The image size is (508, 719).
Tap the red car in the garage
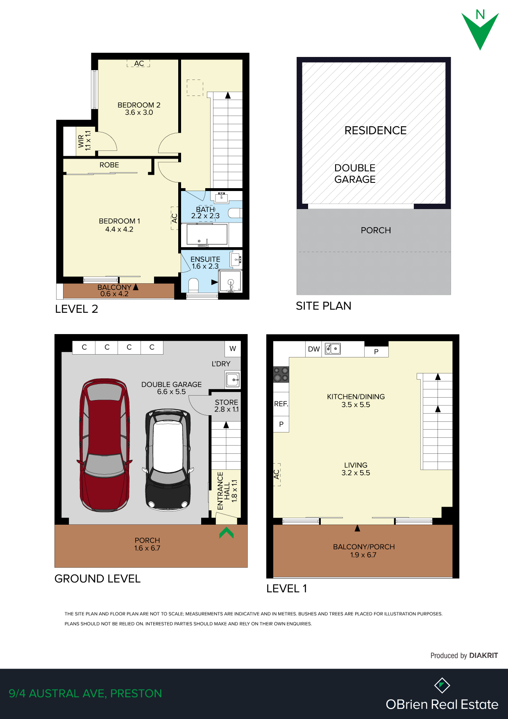click(x=104, y=444)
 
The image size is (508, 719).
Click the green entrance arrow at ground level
click(x=226, y=533)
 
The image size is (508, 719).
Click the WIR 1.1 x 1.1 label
click(x=84, y=141)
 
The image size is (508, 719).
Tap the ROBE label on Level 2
click(x=109, y=165)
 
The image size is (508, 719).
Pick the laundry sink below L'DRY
click(x=232, y=380)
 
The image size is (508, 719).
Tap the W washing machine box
click(x=233, y=348)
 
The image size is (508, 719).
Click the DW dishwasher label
click(x=314, y=349)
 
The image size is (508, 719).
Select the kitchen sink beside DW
click(x=333, y=348)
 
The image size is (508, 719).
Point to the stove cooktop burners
click(x=281, y=374)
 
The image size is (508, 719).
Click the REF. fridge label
click(x=281, y=404)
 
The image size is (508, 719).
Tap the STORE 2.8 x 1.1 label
click(x=227, y=406)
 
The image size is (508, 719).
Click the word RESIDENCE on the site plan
click(x=375, y=130)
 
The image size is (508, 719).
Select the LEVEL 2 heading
click(x=77, y=309)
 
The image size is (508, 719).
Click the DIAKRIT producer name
click(x=483, y=655)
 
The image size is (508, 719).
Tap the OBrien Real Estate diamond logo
click(x=442, y=685)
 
